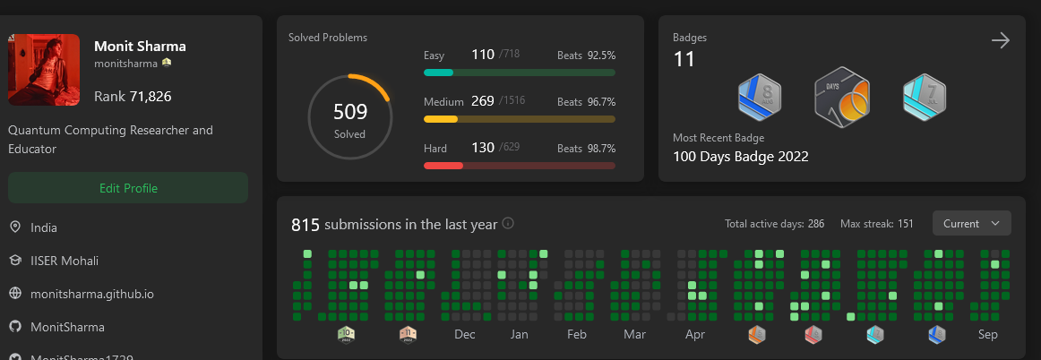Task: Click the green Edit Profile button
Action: point(128,188)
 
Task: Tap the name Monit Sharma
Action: point(140,46)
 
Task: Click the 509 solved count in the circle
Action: point(350,112)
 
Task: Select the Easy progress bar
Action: point(520,73)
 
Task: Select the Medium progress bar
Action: point(520,118)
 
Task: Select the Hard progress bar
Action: point(520,166)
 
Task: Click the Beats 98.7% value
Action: point(601,149)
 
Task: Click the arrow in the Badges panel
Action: point(1001,40)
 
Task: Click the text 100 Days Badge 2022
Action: point(741,157)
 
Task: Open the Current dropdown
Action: point(971,223)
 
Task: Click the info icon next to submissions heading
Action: point(508,224)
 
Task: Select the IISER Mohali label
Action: point(65,261)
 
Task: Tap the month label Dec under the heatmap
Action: point(465,335)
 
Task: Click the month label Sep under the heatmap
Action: point(988,335)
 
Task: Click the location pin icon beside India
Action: point(15,227)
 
